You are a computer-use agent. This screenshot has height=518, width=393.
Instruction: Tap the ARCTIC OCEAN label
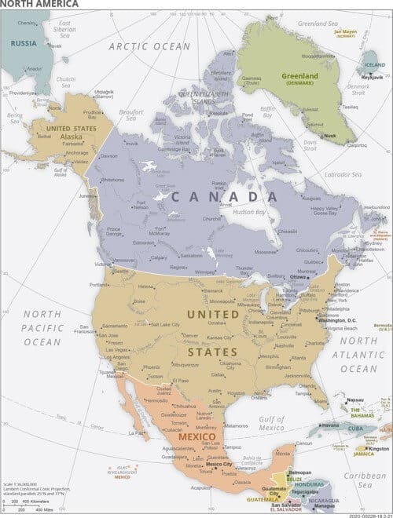click(149, 46)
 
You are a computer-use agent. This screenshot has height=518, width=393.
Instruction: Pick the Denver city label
click(190, 335)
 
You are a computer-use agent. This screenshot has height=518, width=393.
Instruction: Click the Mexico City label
click(218, 465)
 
